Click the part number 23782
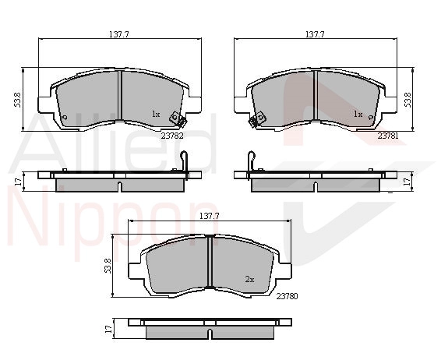(172, 136)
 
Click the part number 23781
(388, 136)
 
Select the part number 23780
(287, 296)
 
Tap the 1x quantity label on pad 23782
(156, 115)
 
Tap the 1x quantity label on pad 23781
(358, 115)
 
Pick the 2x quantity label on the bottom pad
(249, 279)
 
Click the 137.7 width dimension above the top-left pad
(119, 34)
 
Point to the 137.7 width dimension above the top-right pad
(315, 34)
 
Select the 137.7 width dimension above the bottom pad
(210, 216)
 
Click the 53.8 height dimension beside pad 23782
(17, 100)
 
